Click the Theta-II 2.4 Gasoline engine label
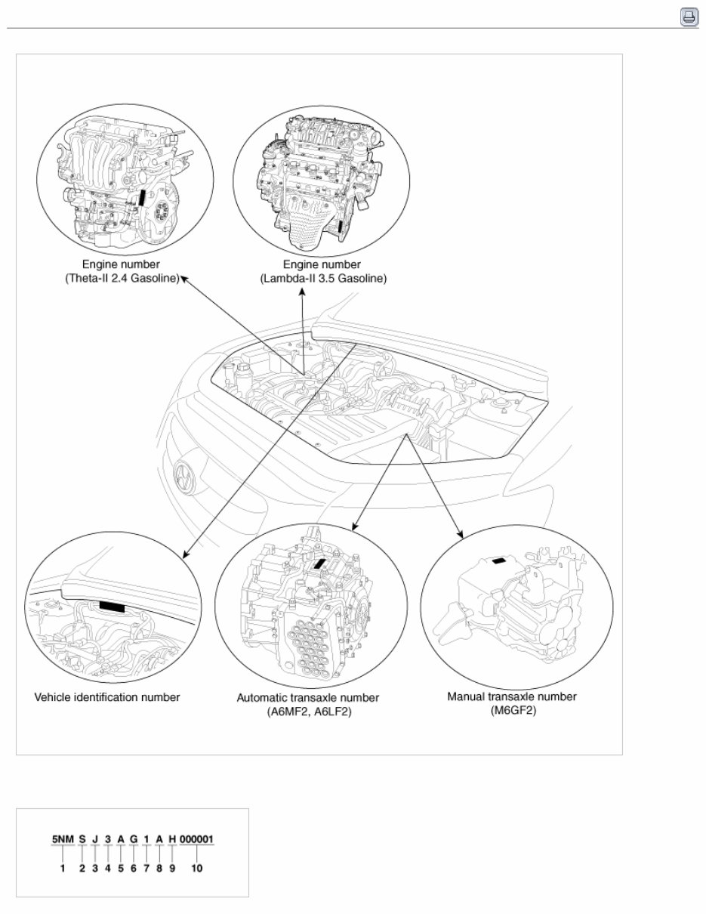tap(122, 279)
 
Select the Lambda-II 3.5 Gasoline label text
tap(322, 279)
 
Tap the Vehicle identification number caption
tap(107, 697)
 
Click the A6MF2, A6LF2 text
tap(308, 712)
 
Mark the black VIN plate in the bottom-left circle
tap(113, 606)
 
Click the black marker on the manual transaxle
tap(500, 560)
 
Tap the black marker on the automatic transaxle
tap(321, 563)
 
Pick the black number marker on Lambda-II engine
tap(341, 227)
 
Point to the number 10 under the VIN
tap(196, 869)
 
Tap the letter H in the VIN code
tap(171, 839)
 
